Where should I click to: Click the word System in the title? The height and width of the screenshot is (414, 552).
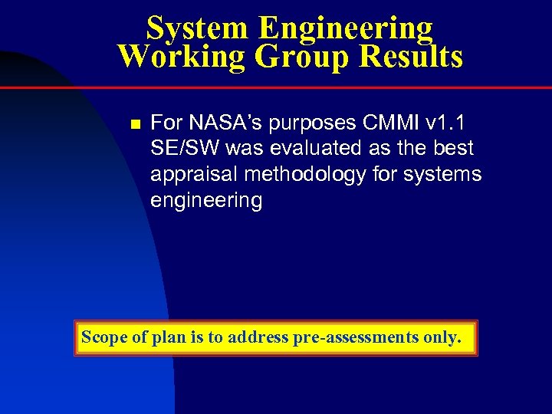(x=197, y=29)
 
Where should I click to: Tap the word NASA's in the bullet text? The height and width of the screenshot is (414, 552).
(x=219, y=123)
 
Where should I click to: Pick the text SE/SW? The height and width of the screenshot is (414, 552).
(x=185, y=149)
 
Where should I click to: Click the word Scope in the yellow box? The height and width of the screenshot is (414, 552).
(x=104, y=337)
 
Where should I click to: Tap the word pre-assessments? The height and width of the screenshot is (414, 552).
(x=356, y=337)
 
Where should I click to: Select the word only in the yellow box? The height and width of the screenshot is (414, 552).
(x=442, y=337)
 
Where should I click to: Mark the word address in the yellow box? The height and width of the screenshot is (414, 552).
(x=258, y=337)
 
